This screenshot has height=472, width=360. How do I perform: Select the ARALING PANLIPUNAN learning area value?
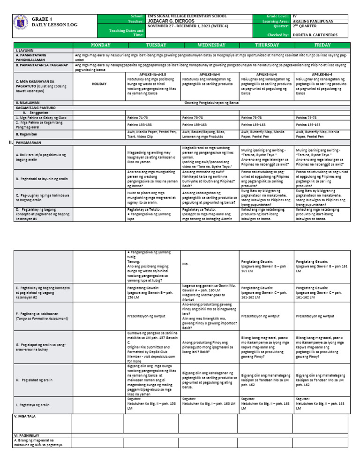tap(311, 21)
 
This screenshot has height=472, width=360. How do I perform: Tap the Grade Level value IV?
tap(294, 16)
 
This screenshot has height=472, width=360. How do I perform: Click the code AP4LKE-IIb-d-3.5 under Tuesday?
tap(153, 74)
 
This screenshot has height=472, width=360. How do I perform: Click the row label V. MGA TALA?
tap(25, 416)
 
